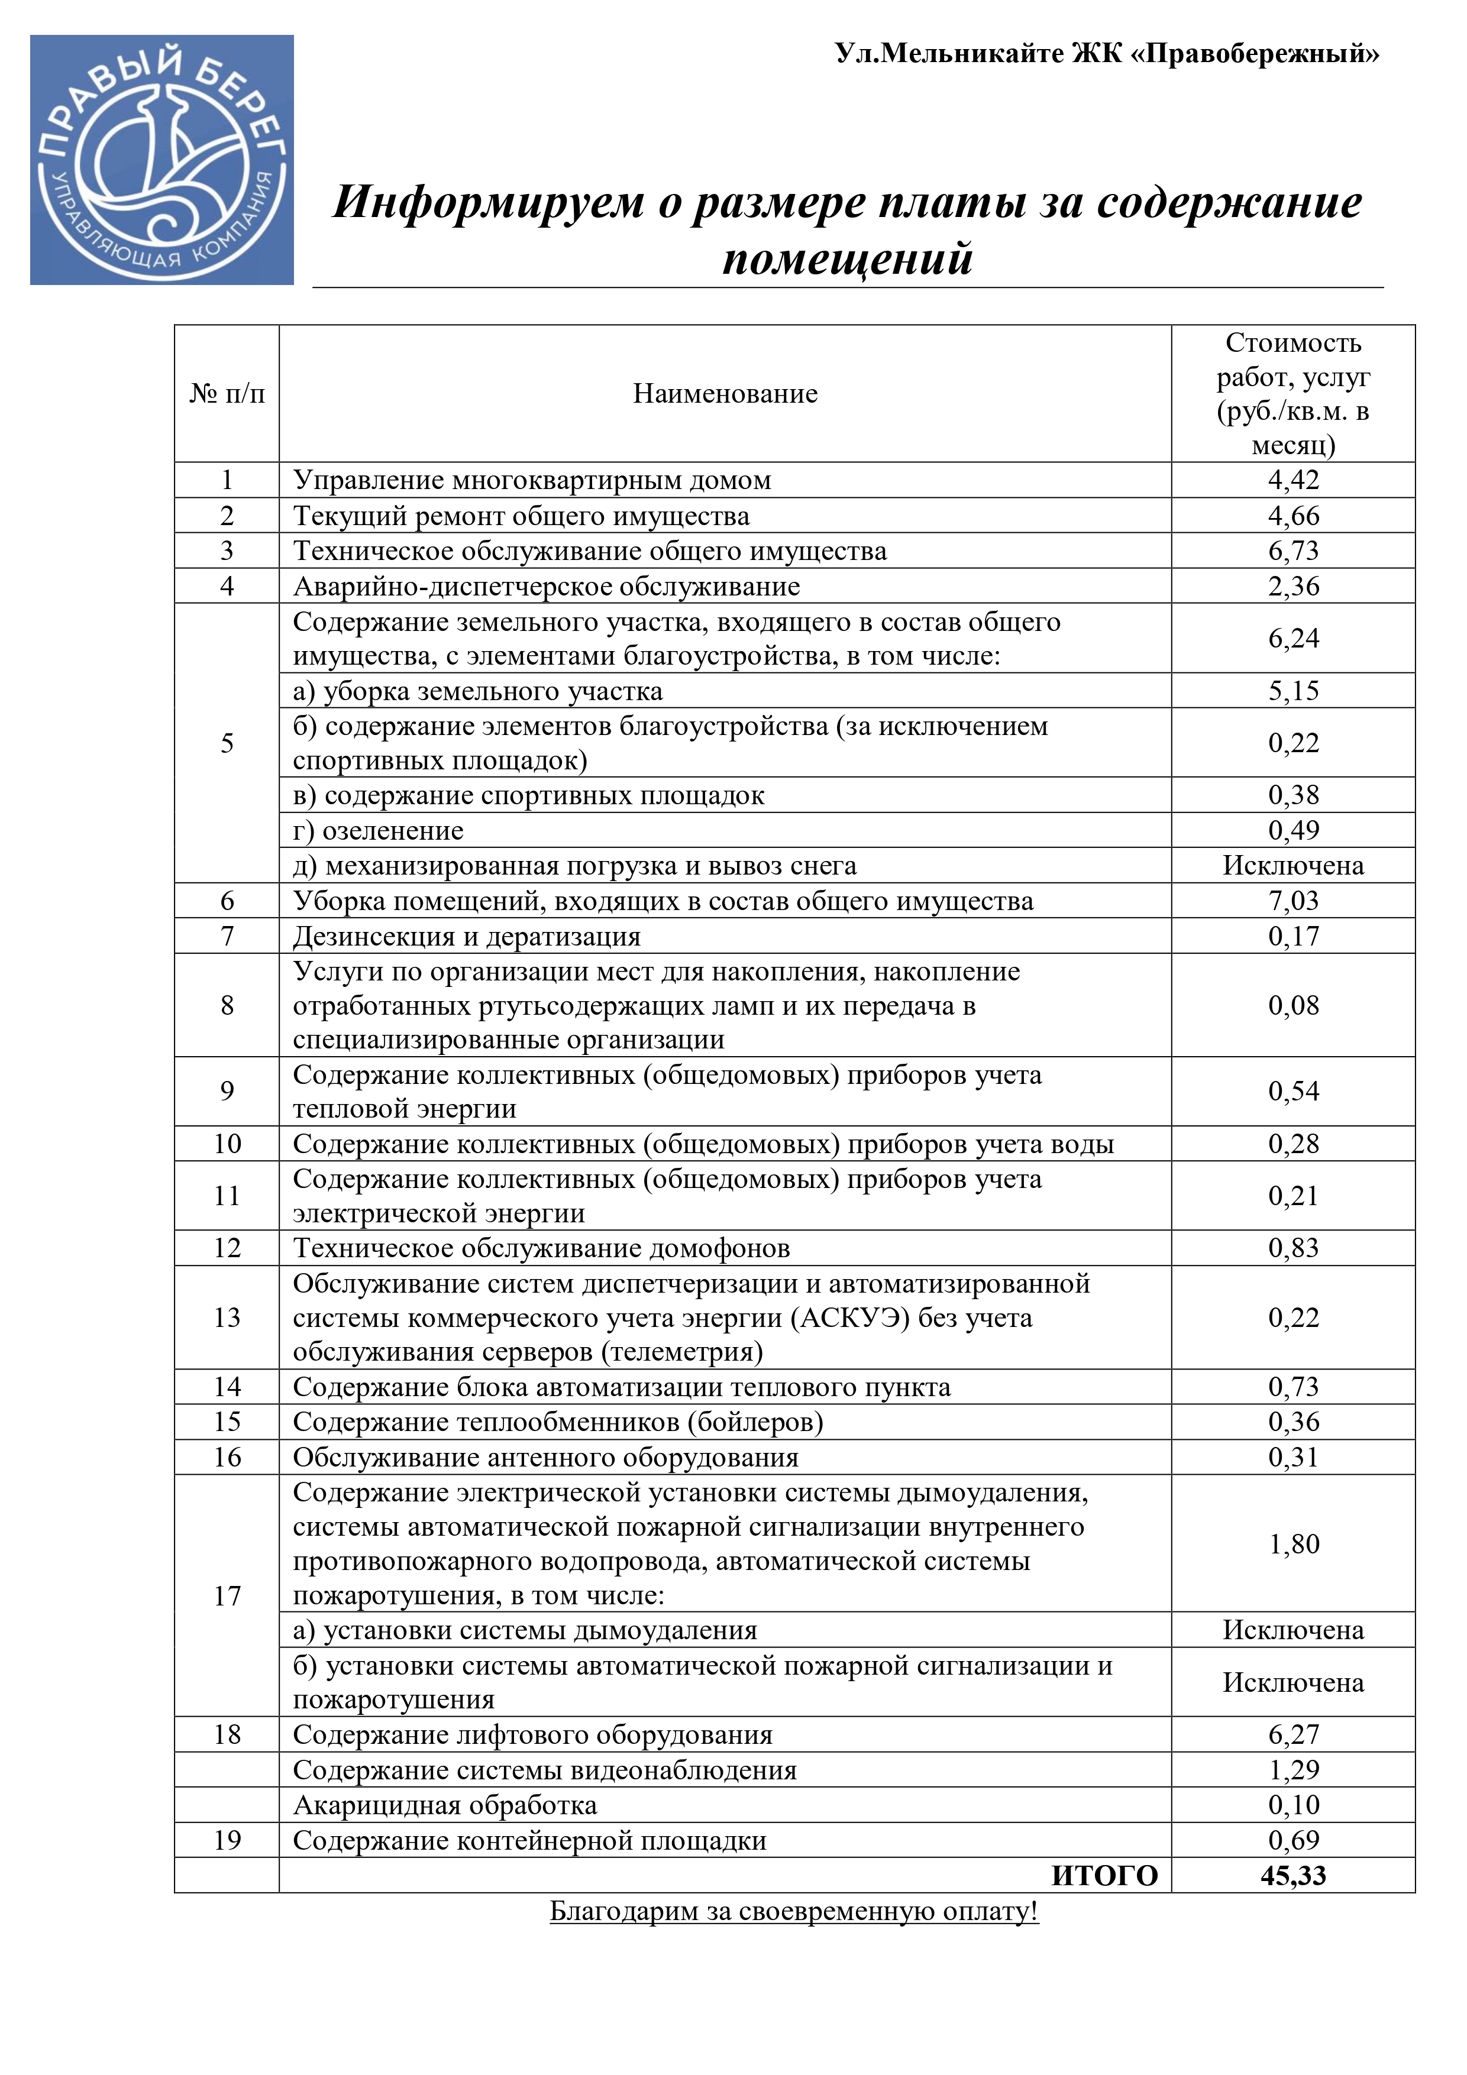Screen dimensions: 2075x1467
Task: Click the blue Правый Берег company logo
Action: coord(162,160)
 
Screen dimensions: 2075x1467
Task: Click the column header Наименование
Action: coord(725,393)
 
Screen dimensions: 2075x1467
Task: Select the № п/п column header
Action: coord(227,393)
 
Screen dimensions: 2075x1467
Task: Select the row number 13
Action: coord(227,1317)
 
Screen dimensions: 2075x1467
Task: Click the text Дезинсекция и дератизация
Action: coord(466,936)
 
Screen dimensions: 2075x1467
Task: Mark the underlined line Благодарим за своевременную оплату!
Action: coord(794,1911)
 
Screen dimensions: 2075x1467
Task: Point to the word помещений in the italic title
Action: coord(847,260)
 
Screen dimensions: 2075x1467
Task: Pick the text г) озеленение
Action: coord(378,831)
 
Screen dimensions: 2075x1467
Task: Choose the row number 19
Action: coord(227,1840)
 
